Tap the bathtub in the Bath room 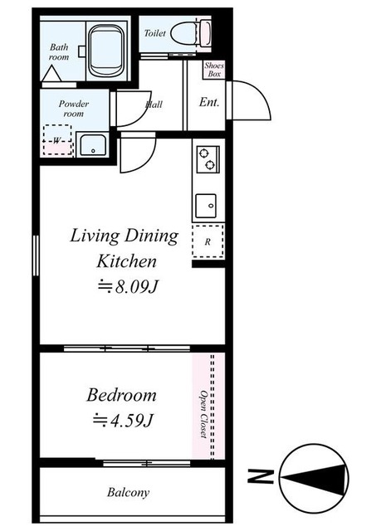coord(105,50)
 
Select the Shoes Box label coord(214,70)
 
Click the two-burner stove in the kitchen coord(208,159)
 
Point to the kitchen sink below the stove coord(206,206)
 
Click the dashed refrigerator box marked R coord(208,241)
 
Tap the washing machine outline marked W coord(57,140)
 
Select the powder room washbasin coord(92,144)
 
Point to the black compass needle coord(315,477)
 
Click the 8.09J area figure coord(129,287)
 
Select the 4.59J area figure coord(124,421)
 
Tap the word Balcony coord(128,493)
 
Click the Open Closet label coord(203,414)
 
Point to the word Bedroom coord(121,395)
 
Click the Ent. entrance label coord(209,101)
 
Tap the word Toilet coord(154,33)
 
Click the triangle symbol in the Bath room coord(51,73)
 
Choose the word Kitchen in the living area coord(127,261)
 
